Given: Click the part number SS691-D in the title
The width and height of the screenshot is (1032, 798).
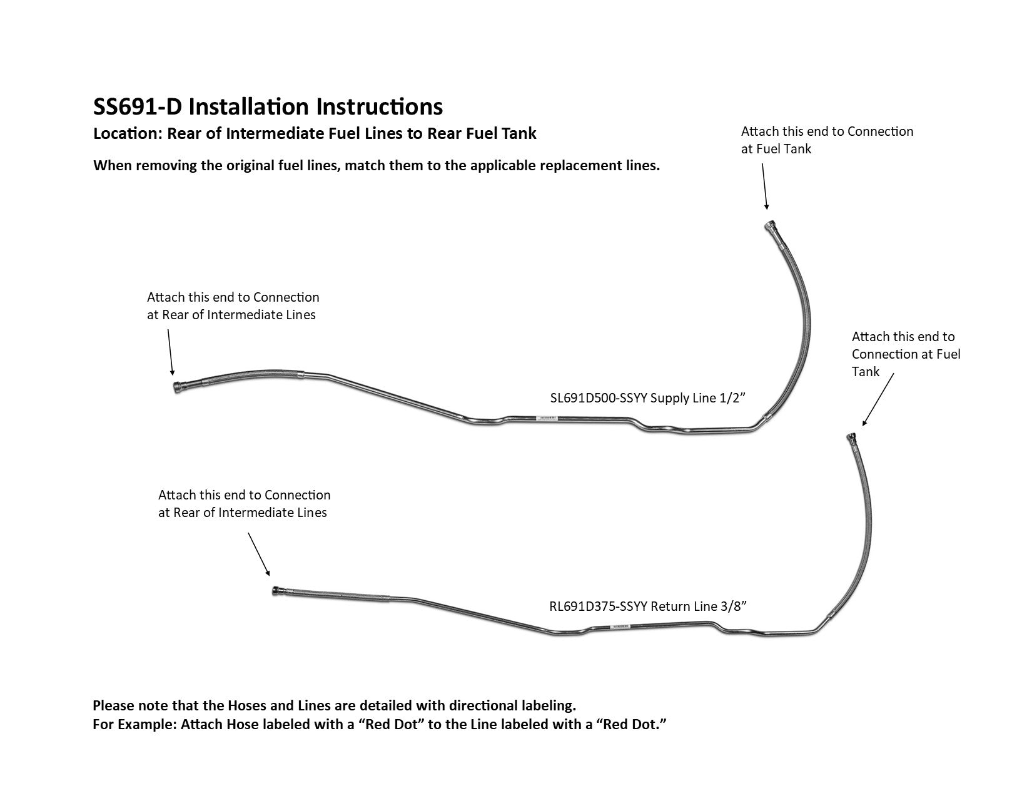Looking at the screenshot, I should click(137, 107).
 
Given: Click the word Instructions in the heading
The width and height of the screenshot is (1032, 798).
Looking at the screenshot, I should click(380, 107).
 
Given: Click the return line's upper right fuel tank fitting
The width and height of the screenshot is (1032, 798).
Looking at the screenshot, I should click(851, 437).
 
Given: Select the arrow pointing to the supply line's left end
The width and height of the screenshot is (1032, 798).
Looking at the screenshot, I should click(170, 352).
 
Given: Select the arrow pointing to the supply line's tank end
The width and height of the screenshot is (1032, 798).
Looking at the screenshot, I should click(764, 187).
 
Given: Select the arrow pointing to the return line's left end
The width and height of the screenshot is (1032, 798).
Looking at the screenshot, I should click(259, 553).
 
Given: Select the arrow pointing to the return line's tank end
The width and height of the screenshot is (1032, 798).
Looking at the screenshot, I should click(878, 401).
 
